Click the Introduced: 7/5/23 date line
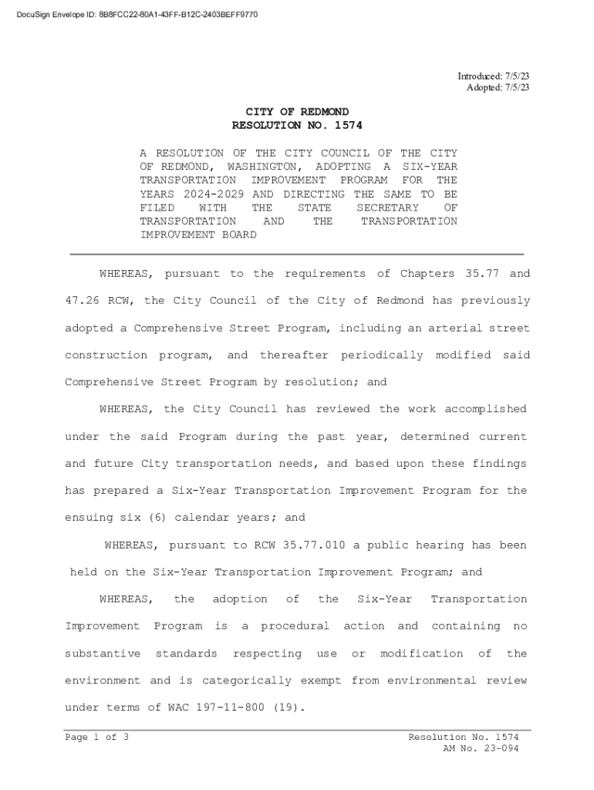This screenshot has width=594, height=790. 493,76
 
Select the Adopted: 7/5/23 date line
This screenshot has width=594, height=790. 498,87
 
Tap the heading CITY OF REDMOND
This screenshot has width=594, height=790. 297,112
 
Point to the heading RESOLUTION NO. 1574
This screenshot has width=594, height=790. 297,125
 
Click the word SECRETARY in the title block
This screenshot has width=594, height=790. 387,208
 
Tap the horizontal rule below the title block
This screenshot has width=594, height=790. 297,254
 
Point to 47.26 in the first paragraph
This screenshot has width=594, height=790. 82,301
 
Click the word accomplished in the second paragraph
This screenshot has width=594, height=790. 484,409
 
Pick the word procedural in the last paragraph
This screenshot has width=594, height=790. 295,626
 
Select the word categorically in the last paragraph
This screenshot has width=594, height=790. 247,680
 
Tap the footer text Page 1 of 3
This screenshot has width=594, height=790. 96,738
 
